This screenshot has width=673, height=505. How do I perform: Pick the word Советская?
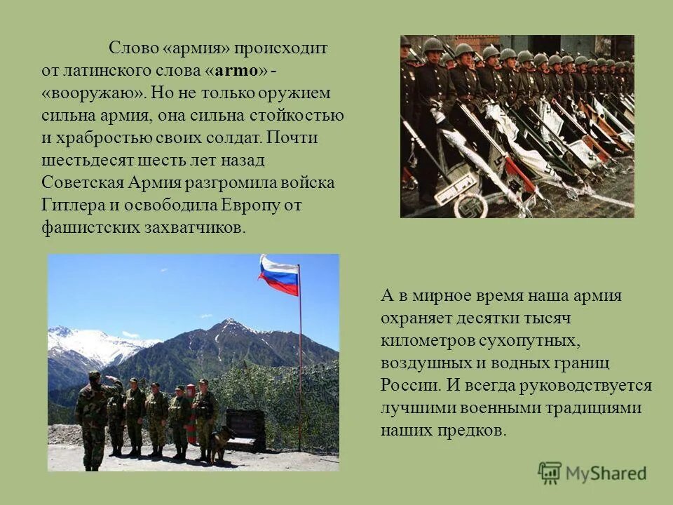click(83, 183)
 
